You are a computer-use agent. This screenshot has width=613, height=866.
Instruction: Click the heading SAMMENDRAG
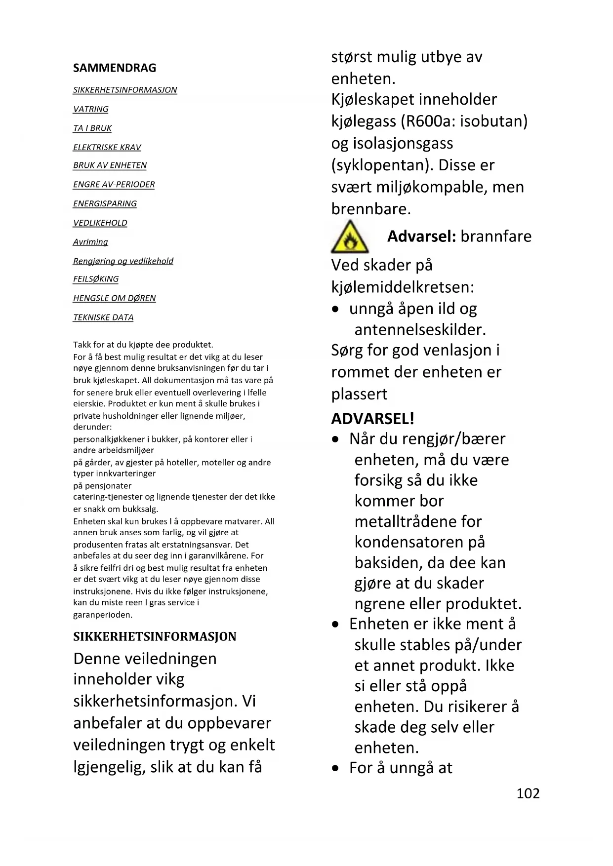point(115,68)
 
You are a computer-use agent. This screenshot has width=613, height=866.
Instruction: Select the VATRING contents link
point(91,109)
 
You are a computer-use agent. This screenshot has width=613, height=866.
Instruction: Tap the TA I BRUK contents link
point(92,128)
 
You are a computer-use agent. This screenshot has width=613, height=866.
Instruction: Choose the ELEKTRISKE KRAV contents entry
point(107,147)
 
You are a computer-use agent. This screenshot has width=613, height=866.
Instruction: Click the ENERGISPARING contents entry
point(105,203)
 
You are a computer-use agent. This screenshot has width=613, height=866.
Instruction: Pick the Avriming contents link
point(90,242)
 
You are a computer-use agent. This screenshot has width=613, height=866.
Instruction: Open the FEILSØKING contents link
point(96,279)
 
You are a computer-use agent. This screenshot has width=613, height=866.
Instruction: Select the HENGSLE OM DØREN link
point(115,298)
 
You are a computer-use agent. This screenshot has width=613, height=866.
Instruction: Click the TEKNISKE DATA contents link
point(103,317)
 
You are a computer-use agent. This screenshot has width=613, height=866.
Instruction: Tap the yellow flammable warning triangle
point(350,238)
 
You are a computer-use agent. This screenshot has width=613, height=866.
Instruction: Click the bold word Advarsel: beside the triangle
point(421,236)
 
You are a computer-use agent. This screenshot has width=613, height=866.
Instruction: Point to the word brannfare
point(496,236)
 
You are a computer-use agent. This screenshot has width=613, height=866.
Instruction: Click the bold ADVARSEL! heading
point(372,419)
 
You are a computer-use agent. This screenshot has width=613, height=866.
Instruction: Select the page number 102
point(528,793)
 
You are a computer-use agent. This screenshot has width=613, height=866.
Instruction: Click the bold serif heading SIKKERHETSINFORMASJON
point(155,636)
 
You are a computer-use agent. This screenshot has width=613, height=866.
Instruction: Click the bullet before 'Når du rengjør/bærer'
point(336,439)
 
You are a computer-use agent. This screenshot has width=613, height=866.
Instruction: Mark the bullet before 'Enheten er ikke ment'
point(336,625)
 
